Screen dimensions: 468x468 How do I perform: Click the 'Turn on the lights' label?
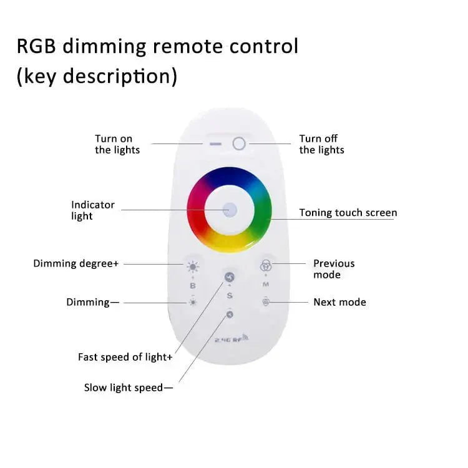point(117,144)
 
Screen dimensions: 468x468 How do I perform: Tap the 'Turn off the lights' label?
point(321,144)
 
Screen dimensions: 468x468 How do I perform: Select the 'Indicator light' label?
point(93,210)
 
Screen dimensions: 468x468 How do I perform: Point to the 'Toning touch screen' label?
point(348,213)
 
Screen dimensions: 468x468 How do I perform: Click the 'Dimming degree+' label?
point(76,263)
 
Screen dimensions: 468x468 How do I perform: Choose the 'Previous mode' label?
point(334,269)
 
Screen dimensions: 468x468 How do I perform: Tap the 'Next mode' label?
point(339,302)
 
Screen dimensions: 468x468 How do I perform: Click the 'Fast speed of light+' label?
point(125,357)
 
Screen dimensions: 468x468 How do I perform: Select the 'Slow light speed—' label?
point(128,388)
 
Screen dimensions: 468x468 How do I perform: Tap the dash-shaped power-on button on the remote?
point(215,144)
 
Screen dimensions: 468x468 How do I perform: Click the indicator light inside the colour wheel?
point(230,209)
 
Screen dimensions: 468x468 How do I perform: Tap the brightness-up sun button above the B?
point(193,267)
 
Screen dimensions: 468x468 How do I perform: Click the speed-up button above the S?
point(230,278)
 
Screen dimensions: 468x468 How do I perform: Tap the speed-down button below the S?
point(230,314)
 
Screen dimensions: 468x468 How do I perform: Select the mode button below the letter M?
point(266,302)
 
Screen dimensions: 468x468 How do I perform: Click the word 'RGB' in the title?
point(38,47)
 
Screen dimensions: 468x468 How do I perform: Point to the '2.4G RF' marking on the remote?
point(232,339)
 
